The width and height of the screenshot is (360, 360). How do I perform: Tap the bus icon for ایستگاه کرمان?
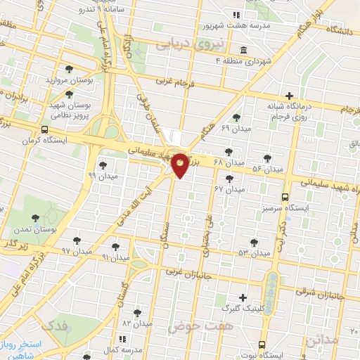(x=45, y=130)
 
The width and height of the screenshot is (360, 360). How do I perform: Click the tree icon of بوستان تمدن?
(x=36, y=219)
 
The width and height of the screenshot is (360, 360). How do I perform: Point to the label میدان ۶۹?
(x=235, y=129)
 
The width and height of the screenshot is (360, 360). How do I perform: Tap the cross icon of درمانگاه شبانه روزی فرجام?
(x=288, y=96)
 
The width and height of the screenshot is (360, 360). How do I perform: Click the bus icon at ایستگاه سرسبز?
(x=285, y=198)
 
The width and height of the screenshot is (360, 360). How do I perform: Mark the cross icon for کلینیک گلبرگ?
(x=243, y=297)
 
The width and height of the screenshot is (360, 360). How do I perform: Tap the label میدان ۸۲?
(x=137, y=323)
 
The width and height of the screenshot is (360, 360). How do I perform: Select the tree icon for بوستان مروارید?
(x=68, y=69)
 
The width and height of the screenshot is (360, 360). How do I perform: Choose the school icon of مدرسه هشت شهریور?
(x=237, y=15)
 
